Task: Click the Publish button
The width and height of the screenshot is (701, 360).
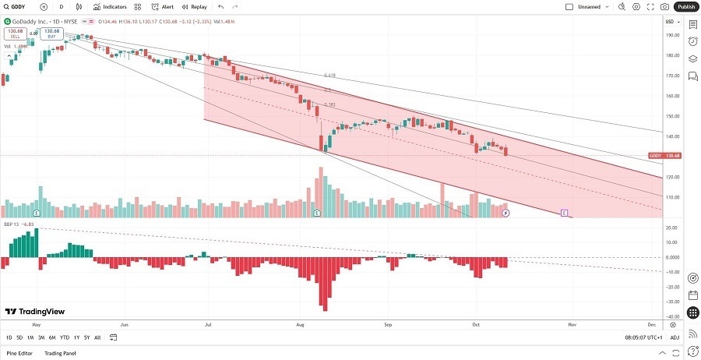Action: pyautogui.click(x=685, y=6)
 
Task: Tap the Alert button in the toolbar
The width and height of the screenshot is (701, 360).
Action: pyautogui.click(x=164, y=6)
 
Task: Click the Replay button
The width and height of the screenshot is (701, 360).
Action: pyautogui.click(x=195, y=6)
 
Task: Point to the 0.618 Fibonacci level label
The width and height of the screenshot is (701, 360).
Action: pyautogui.click(x=329, y=76)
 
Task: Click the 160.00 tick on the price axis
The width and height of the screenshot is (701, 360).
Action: pyautogui.click(x=671, y=96)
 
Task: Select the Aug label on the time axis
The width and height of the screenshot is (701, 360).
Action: pyautogui.click(x=299, y=322)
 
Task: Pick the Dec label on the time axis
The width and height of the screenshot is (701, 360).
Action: pyautogui.click(x=651, y=322)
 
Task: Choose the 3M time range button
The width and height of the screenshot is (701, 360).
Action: pyautogui.click(x=41, y=337)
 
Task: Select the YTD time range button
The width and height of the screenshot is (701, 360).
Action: pyautogui.click(x=65, y=337)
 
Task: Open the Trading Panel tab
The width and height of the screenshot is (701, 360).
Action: pyautogui.click(x=60, y=353)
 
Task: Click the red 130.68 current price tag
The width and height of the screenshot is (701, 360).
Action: pyautogui.click(x=671, y=156)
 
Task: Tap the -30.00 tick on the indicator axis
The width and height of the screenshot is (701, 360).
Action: pyautogui.click(x=671, y=301)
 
